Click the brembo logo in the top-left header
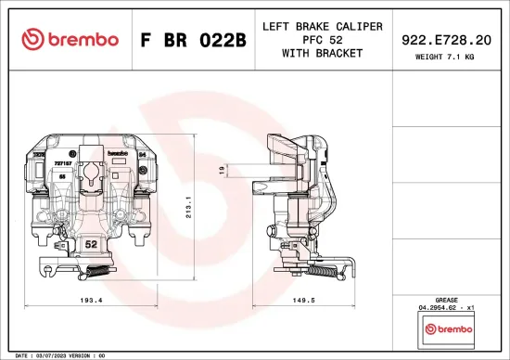pos(70,39)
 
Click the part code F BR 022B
pos(192,39)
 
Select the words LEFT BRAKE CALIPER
pos(322,26)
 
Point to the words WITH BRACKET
pos(322,53)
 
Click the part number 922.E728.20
pos(445,39)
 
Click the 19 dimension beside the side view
pos(221,170)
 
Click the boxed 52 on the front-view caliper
pos(91,244)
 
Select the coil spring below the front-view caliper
pos(96,272)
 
